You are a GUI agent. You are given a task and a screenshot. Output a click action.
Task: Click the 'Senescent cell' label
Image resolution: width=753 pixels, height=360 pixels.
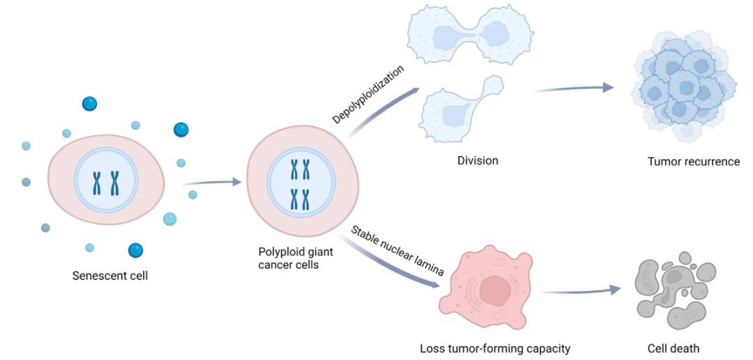(110, 276)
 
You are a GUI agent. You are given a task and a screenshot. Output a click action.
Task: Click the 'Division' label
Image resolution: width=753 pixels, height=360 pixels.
(478, 160)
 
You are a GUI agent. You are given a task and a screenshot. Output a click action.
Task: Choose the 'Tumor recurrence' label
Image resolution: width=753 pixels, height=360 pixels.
(693, 162)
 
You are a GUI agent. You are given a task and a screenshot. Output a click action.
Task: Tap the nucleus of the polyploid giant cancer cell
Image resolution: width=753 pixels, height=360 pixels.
(301, 183)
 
